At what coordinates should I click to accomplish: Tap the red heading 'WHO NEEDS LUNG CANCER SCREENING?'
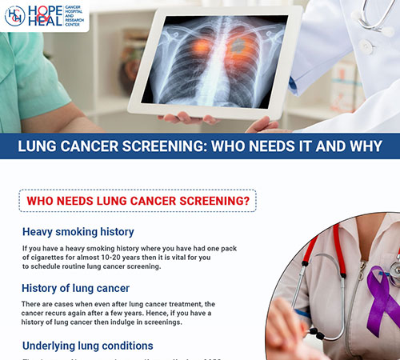138,200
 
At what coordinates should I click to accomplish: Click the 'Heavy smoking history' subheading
78,232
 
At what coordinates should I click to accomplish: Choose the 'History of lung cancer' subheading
76,288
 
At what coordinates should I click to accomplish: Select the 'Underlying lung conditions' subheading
88,346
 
